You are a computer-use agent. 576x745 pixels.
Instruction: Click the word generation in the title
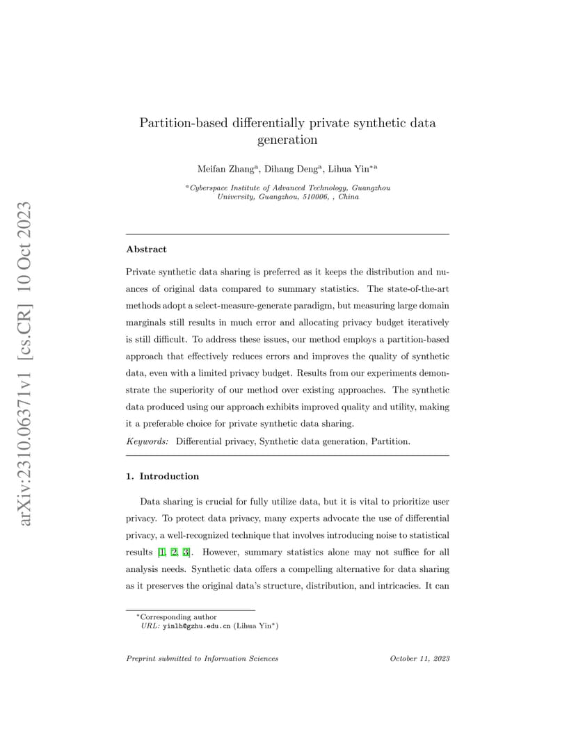click(x=287, y=140)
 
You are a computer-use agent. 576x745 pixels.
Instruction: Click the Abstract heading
click(x=146, y=249)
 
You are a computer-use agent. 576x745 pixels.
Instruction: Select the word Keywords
click(x=147, y=441)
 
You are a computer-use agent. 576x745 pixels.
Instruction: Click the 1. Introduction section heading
click(x=162, y=476)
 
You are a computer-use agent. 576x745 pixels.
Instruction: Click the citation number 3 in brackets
click(x=186, y=552)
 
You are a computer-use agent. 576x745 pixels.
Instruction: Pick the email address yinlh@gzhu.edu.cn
click(x=196, y=626)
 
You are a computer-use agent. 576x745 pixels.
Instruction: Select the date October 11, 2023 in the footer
click(x=419, y=658)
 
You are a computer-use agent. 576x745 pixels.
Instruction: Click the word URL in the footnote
click(x=150, y=626)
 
